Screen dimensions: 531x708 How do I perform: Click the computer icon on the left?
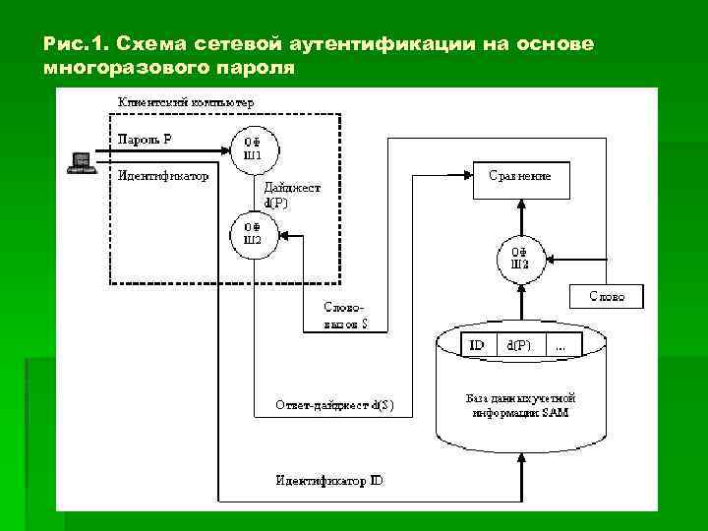tap(81, 162)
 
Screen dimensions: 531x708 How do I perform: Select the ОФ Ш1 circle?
tap(253, 147)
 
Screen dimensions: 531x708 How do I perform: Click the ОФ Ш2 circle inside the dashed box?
tap(253, 235)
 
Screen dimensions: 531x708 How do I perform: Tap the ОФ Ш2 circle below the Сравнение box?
tap(520, 258)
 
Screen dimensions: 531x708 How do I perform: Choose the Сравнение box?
tap(520, 178)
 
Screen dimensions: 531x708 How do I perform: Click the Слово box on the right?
tap(607, 296)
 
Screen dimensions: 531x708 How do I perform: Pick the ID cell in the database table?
tap(477, 345)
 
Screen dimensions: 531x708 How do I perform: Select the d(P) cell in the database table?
tap(520, 345)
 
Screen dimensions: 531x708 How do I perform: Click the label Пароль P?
tap(145, 140)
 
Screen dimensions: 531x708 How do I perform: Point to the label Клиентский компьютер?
tap(186, 101)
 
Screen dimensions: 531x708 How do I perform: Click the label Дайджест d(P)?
tap(291, 195)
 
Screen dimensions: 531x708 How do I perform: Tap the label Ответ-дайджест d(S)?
tap(334, 405)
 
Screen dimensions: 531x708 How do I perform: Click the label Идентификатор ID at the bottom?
tap(329, 480)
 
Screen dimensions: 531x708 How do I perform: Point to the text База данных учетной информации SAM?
tap(519, 406)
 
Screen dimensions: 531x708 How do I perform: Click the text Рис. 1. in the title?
tap(76, 44)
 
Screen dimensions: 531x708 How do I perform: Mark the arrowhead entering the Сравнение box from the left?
tap(467, 178)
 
